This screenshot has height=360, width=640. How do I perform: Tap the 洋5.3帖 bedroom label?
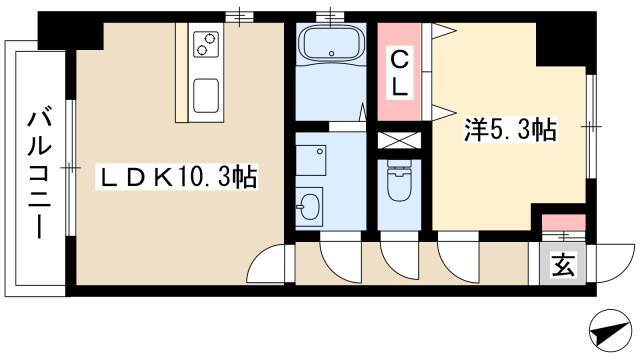click(510, 130)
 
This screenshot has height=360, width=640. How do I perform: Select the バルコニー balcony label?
click(40, 171)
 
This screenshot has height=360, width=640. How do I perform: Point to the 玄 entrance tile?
click(563, 264)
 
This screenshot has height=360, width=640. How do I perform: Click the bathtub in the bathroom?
click(331, 45)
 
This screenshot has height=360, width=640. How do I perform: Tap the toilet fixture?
click(399, 181)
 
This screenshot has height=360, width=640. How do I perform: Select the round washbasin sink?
click(309, 206)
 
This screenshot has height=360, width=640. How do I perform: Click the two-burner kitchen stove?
click(205, 44)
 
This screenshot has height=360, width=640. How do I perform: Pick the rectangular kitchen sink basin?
click(206, 96)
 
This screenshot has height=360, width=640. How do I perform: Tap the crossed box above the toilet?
click(399, 140)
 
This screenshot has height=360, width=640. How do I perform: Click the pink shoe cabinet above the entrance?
click(563, 223)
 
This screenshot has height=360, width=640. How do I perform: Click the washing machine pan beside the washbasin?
click(311, 160)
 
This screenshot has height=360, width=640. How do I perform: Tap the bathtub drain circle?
click(331, 53)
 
